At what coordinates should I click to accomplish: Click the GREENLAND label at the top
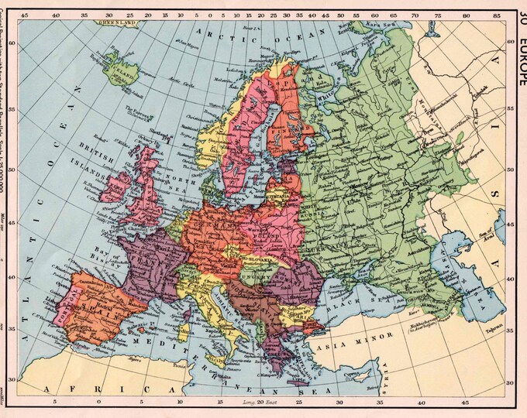115,24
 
